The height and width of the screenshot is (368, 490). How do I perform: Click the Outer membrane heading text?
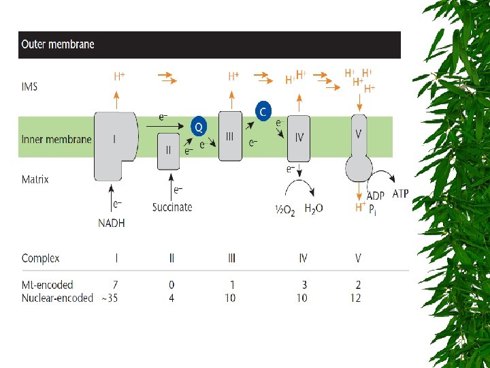(x=58, y=45)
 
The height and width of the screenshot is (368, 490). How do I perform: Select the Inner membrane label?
(x=56, y=140)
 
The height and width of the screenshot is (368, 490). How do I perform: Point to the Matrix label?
(x=35, y=180)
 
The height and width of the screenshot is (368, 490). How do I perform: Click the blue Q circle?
(x=198, y=126)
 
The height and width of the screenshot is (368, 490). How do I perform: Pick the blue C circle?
(x=263, y=110)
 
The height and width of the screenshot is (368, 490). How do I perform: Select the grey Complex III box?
(x=230, y=136)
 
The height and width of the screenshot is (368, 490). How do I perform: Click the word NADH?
(x=114, y=221)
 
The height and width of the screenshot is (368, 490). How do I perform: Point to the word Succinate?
(x=172, y=207)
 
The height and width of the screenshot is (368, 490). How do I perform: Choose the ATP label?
(x=400, y=194)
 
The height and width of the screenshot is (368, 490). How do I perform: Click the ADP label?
(x=376, y=196)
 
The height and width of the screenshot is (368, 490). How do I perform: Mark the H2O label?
(x=314, y=209)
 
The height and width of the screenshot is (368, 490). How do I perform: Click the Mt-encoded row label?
(x=47, y=284)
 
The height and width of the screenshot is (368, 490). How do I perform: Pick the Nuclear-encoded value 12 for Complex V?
(x=355, y=298)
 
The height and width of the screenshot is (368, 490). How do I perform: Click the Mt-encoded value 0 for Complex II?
(x=171, y=284)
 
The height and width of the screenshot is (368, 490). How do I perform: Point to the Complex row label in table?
(x=41, y=258)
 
